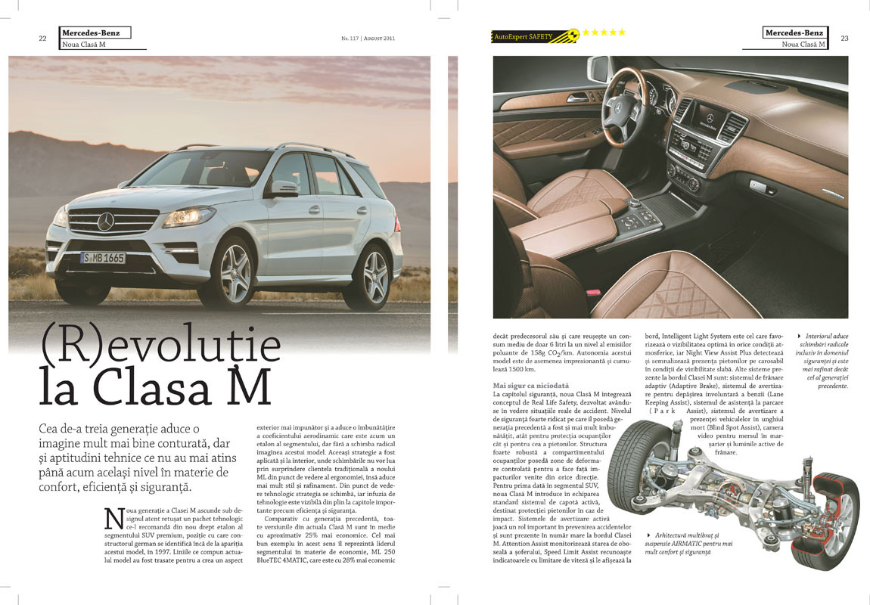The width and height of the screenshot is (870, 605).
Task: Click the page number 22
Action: click(42, 39)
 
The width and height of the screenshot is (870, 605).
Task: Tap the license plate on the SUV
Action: click(103, 258)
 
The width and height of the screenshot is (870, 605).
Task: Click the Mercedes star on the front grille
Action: click(105, 222)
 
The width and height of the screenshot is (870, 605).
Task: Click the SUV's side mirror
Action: click(284, 188)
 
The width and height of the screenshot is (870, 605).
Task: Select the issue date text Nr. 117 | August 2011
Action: click(367, 38)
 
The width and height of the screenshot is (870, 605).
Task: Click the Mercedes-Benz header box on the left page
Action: click(95, 33)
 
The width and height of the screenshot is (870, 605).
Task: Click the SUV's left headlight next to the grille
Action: click(188, 217)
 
